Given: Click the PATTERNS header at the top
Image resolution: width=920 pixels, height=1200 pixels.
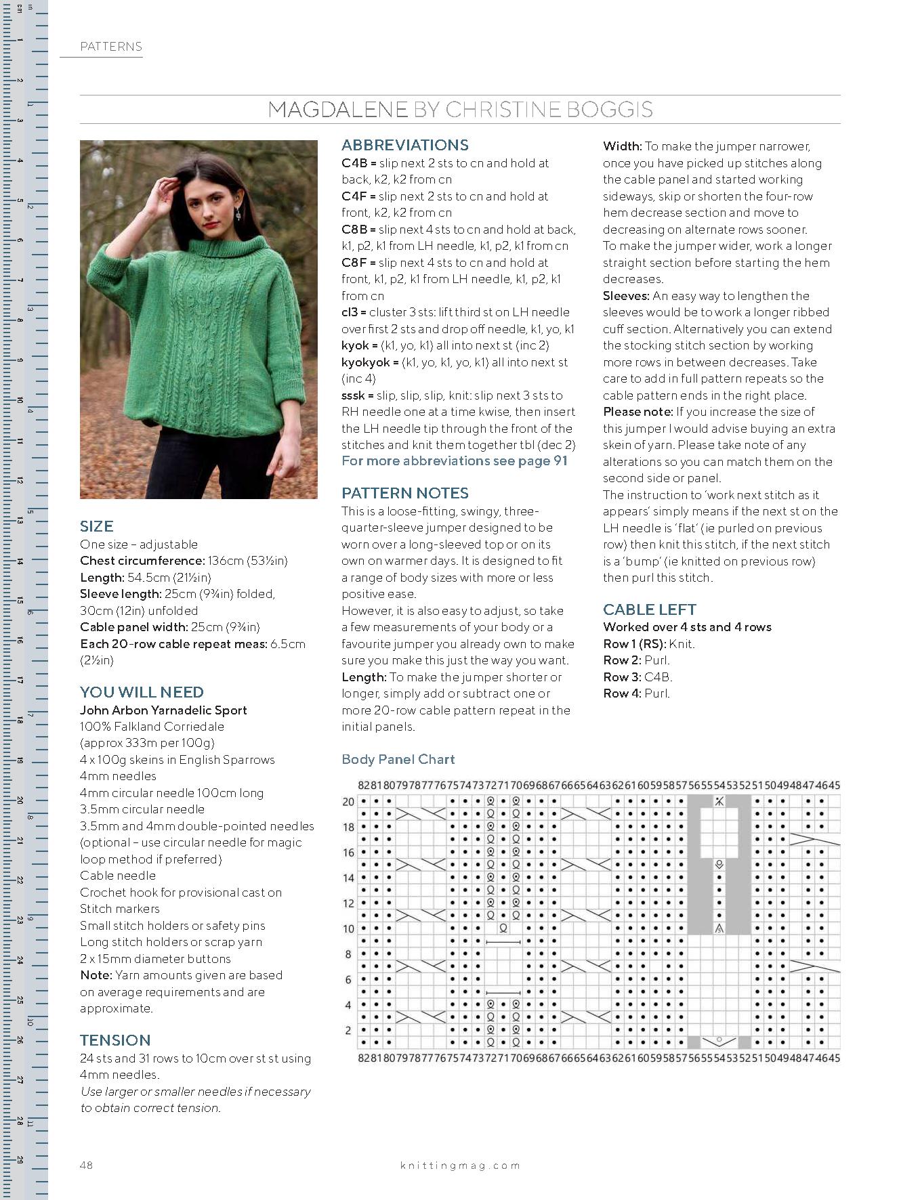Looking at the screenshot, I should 110,47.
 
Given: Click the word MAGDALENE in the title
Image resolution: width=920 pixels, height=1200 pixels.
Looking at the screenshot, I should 337,110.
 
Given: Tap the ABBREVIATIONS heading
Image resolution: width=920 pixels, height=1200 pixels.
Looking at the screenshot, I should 404,145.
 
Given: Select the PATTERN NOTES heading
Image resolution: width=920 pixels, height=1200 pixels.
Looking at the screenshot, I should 404,493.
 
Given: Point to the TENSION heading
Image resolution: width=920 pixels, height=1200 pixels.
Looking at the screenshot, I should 115,1040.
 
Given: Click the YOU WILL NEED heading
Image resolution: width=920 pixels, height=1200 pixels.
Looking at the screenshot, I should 142,692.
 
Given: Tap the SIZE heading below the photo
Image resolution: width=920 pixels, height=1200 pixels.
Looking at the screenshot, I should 96,526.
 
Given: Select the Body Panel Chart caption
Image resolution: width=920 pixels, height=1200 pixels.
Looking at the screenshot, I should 398,759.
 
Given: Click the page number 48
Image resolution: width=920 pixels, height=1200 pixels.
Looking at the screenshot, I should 86,1165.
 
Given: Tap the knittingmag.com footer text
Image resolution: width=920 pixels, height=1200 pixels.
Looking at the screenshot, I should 460,1165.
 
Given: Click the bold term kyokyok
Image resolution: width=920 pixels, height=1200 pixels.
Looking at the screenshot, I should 366,362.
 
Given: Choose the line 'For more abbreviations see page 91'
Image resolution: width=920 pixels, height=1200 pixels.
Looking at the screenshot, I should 454,461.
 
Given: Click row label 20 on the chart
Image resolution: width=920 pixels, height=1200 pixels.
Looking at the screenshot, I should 348,802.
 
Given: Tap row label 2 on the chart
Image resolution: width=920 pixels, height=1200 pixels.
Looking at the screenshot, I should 348,1030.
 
